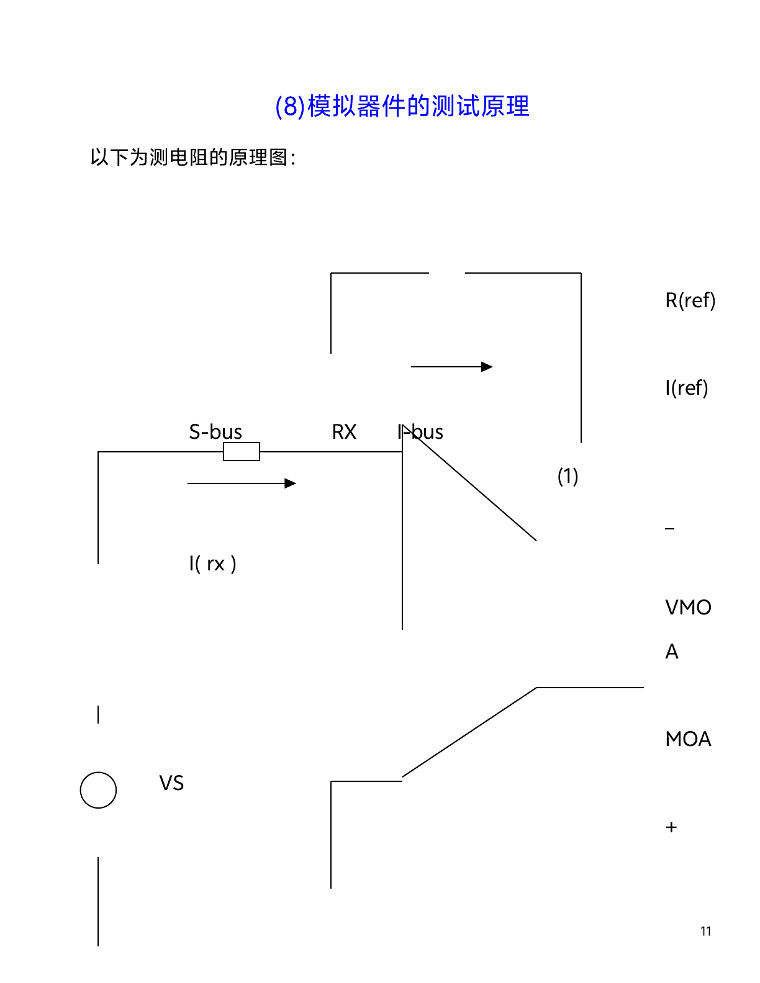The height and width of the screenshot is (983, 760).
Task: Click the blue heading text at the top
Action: [x=402, y=106]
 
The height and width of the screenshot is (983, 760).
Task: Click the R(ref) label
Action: [x=690, y=300]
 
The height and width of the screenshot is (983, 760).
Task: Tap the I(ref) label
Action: [x=686, y=388]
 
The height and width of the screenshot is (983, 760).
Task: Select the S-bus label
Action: [x=215, y=431]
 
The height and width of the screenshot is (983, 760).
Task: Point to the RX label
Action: [x=344, y=431]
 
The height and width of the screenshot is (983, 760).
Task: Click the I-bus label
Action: [x=420, y=431]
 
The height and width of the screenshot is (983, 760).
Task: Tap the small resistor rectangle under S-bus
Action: [x=242, y=452]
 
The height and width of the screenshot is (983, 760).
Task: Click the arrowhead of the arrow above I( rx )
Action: [x=291, y=483]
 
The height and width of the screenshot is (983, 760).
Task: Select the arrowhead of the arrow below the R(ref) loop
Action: [x=487, y=367]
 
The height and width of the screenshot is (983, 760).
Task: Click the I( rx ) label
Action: [x=212, y=563]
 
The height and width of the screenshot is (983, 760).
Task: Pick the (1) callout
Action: [x=568, y=476]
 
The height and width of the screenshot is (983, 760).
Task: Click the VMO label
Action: [x=688, y=607]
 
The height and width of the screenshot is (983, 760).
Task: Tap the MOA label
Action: [x=688, y=738]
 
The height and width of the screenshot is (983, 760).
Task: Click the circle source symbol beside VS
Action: [x=98, y=790]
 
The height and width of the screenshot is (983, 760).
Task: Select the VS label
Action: [x=171, y=783]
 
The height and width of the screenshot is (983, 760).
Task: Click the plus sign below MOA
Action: [x=671, y=827]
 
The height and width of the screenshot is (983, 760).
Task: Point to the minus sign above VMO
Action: [x=670, y=529]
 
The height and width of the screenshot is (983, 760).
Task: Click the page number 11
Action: [x=705, y=931]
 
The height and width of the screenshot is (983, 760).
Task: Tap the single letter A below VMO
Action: [x=672, y=652]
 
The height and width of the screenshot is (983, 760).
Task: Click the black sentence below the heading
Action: [x=192, y=158]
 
